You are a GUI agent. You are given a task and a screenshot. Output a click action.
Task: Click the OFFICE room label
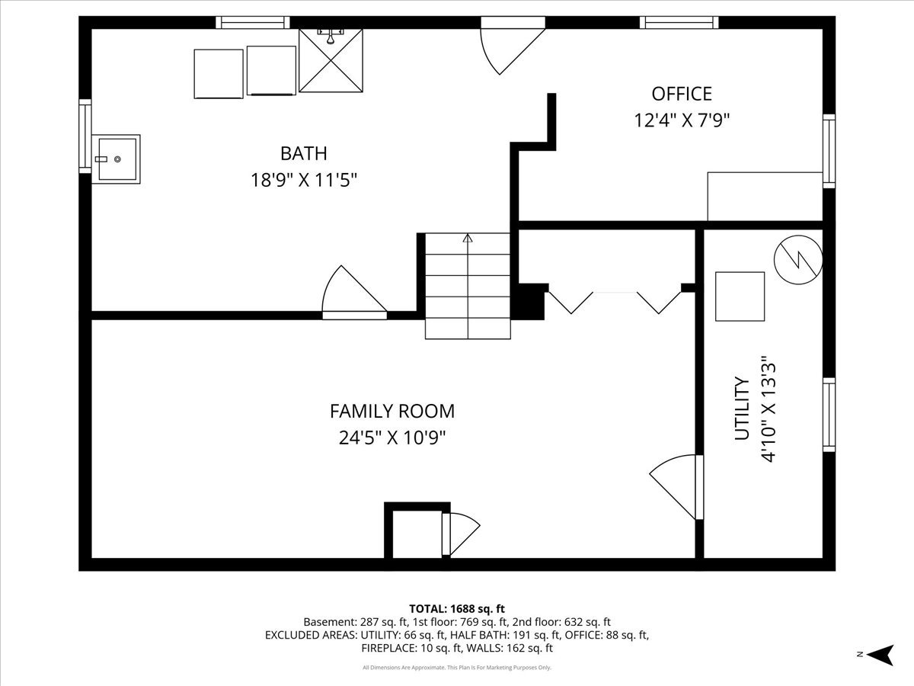pos(682,94)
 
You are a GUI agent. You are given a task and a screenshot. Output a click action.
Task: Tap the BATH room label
pos(304,153)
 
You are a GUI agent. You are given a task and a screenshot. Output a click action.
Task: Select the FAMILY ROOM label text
pos(392,411)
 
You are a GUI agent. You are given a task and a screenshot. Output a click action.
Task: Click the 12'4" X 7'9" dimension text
pos(682,120)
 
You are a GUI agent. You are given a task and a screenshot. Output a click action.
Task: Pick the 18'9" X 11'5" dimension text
pos(304,181)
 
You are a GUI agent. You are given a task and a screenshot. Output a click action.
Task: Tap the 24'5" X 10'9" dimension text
pos(392,438)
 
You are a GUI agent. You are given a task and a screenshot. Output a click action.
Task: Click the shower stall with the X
pos(331,60)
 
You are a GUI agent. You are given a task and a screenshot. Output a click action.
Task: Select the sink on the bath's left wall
pos(116,159)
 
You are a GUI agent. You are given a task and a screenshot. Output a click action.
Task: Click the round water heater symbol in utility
pos(798,260)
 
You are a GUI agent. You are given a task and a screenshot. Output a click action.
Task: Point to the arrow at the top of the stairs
pos(468,239)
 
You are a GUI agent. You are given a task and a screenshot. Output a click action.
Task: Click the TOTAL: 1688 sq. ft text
pos(457,609)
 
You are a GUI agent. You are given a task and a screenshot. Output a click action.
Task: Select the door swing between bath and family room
pos(354,293)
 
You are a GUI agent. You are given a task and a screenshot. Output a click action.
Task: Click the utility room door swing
pos(676,487)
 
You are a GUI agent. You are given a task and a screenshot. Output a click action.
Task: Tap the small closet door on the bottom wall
pos(461,534)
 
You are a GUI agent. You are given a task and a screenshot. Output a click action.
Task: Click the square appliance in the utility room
pos(740,297)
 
